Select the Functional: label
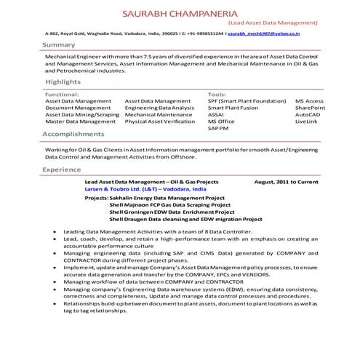[x=63, y=95]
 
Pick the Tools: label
[x=217, y=95]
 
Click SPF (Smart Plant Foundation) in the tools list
[x=247, y=102]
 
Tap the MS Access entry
[x=309, y=102]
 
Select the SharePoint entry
[x=310, y=108]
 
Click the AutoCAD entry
[x=308, y=115]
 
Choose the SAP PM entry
[x=218, y=128]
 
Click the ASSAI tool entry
[x=216, y=115]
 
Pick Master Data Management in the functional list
[x=80, y=121]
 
